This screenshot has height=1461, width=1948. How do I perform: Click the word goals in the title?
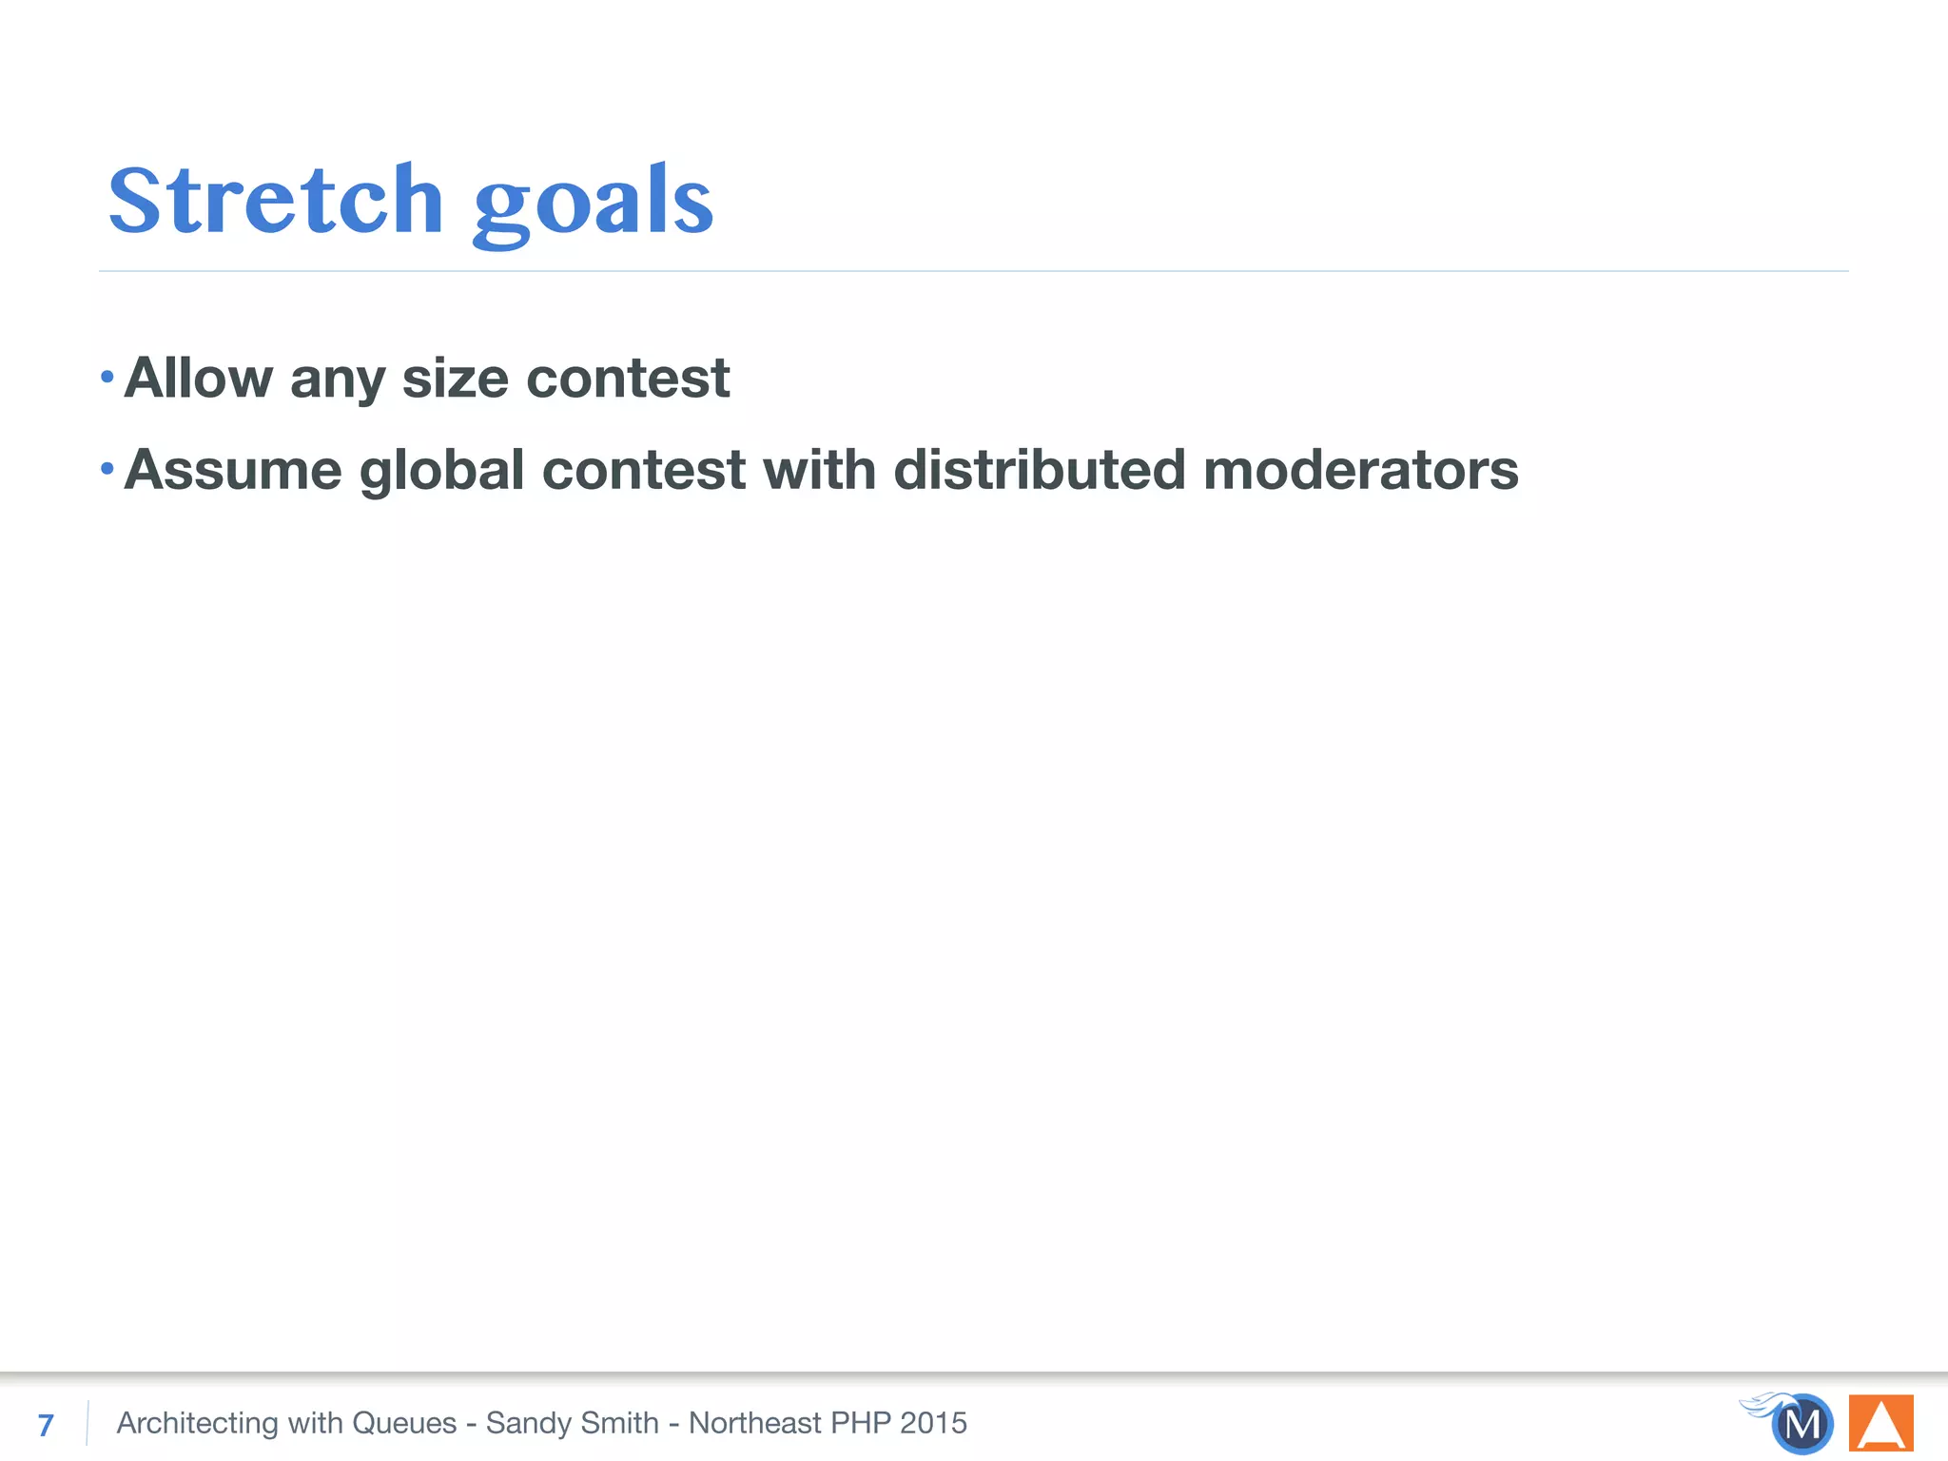coord(593,203)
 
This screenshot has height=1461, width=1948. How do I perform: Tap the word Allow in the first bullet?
coord(198,378)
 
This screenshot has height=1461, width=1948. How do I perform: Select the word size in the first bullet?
coord(456,378)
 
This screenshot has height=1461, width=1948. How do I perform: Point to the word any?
coord(338,380)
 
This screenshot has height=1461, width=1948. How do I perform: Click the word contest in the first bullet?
coord(628,378)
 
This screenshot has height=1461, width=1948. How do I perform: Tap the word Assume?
coord(233,470)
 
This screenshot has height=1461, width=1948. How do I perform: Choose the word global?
coord(441,470)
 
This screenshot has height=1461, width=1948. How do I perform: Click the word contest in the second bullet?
coord(644,470)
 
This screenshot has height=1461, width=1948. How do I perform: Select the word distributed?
coord(1040,470)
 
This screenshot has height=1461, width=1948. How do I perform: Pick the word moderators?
coord(1360,470)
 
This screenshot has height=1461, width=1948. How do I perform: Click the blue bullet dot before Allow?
coord(107,378)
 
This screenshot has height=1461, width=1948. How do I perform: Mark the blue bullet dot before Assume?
coord(107,469)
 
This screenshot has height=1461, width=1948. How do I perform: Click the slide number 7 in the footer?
coord(46,1425)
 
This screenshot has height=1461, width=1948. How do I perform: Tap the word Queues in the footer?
coord(404,1423)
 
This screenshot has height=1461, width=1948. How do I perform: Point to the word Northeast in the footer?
coord(754,1423)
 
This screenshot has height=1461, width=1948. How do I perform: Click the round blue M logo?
coord(1802,1424)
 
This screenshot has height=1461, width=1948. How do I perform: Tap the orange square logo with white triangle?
coord(1880,1423)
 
